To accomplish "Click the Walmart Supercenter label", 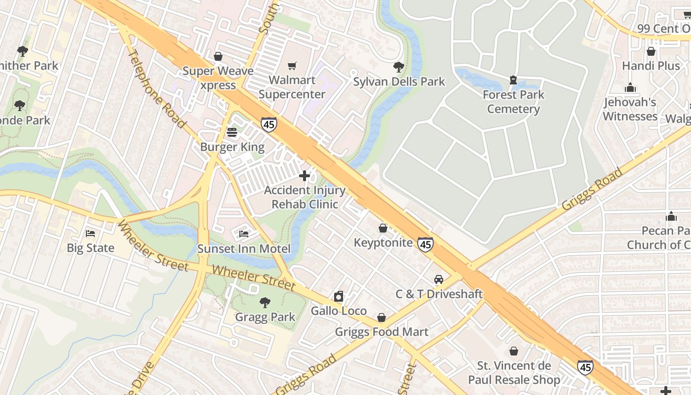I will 292,87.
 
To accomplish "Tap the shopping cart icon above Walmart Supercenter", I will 292,66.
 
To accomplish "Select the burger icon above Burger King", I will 232,132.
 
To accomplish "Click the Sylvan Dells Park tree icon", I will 399,67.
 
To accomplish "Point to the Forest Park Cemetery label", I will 513,102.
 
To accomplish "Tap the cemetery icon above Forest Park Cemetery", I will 513,80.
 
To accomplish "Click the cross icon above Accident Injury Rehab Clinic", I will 305,175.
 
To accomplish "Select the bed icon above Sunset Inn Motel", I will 244,234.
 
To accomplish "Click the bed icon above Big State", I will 90,233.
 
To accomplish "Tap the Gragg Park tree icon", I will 265,302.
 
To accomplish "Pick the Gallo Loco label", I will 339,311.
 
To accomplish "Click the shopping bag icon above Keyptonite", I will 383,228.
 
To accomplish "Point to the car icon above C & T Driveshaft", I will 439,279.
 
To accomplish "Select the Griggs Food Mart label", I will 382,332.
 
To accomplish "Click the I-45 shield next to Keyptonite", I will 425,243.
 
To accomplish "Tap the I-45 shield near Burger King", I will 269,124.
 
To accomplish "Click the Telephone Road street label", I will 156,89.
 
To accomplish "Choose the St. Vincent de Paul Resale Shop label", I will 518,373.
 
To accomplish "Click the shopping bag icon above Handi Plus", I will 651,51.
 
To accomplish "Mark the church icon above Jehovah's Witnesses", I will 630,88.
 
